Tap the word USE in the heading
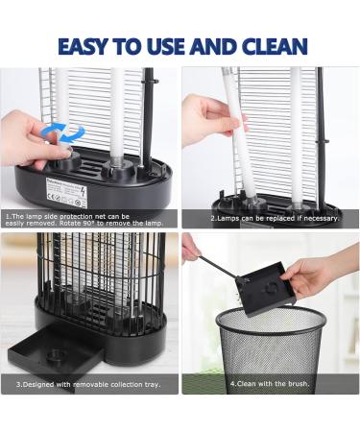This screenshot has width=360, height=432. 170,45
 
